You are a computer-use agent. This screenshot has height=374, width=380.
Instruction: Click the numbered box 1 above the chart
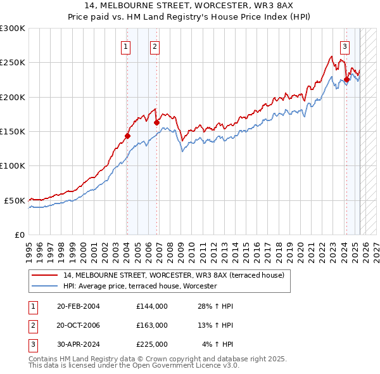(x=125, y=46)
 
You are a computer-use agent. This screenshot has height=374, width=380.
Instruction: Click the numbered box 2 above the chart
(x=155, y=46)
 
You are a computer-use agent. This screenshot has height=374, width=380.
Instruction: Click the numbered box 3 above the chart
(x=345, y=46)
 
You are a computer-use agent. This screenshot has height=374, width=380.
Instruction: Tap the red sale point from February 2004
(x=127, y=136)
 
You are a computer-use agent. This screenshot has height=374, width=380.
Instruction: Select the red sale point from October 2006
(x=156, y=122)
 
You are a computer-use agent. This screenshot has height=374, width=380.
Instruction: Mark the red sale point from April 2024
(x=346, y=80)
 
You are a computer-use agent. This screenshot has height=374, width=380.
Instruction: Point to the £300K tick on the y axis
(x=12, y=29)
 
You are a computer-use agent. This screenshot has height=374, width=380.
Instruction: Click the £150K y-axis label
(x=12, y=132)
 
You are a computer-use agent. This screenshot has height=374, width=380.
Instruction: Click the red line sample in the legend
(x=45, y=275)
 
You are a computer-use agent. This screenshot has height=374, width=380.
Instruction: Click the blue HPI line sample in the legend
(x=45, y=286)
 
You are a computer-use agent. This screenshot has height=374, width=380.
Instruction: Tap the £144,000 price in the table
(x=152, y=306)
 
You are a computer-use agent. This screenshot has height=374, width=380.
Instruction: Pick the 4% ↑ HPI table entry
(x=218, y=344)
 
